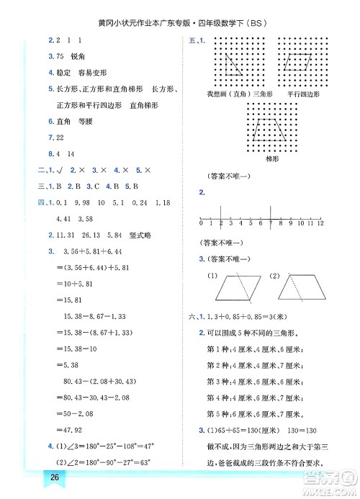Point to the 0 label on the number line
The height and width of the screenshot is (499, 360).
point(203,224)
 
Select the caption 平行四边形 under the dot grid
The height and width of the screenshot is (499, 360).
point(302,94)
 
